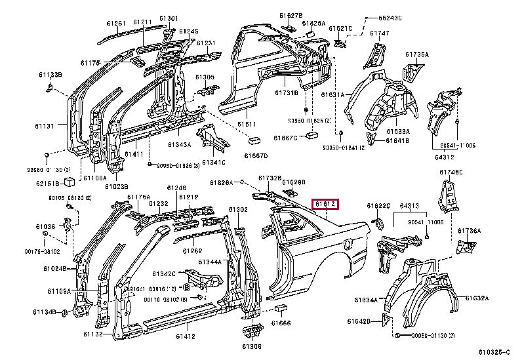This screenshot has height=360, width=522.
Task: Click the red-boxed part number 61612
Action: click(x=326, y=205)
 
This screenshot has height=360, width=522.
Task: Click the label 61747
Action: click(x=379, y=33)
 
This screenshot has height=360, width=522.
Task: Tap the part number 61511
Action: click(x=247, y=123)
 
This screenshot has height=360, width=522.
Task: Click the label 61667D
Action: click(x=256, y=156)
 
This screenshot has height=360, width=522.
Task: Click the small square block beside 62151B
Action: click(x=70, y=183)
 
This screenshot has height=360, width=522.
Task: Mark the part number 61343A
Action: click(x=178, y=144)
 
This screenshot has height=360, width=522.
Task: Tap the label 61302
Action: click(x=237, y=209)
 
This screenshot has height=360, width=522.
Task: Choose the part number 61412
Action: click(x=185, y=336)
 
